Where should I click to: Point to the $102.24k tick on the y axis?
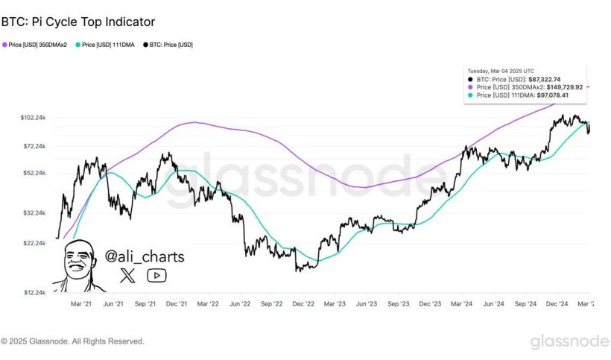pos(34,118)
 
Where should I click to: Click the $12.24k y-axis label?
pos(35,293)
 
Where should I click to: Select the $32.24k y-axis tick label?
pos(35,213)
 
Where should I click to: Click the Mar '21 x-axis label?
pos(81,304)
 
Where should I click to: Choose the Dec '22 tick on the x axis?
pos(303,304)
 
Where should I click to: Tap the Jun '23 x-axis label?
pos(367,304)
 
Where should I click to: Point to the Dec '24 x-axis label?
pos(558,304)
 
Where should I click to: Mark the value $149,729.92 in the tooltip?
pos(564,86)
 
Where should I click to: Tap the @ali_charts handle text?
pos(144,257)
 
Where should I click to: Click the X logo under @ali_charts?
pos(127,276)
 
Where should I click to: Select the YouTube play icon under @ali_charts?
pos(156,276)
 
